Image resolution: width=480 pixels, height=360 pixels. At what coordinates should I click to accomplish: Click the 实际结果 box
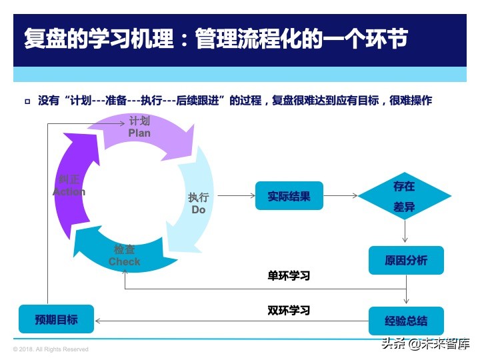[289, 196]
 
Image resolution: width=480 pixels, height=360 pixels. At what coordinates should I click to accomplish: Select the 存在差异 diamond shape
[404, 197]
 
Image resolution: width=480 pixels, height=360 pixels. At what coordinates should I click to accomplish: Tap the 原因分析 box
[405, 260]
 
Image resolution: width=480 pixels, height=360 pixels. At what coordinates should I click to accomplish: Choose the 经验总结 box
[405, 321]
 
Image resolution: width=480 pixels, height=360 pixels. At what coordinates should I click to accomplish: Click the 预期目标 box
[56, 319]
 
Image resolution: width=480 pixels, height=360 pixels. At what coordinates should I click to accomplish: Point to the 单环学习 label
[289, 275]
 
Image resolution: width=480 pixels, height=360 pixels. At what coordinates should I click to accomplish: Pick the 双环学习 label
[289, 310]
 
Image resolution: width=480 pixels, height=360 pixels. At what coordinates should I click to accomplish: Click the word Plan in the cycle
[139, 133]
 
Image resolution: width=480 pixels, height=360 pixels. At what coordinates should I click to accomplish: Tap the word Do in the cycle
[198, 209]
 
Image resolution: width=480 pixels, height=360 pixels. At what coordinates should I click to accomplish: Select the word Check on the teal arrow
[125, 262]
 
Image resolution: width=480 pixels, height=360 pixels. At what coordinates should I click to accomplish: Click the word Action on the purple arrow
[69, 191]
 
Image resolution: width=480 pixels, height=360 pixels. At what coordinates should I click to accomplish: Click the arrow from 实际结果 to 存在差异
[340, 196]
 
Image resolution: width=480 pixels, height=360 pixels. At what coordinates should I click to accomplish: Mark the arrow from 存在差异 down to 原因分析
[405, 232]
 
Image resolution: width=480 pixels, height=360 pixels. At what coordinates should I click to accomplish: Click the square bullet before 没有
[27, 101]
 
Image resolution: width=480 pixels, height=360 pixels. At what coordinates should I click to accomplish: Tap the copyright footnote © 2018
[51, 349]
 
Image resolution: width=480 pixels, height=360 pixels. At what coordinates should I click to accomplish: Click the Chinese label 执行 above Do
[198, 197]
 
